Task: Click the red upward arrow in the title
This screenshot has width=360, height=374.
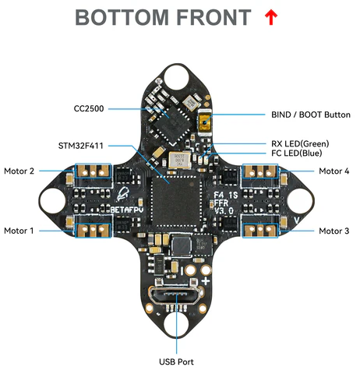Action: point(271,17)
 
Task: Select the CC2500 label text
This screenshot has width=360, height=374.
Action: point(89,108)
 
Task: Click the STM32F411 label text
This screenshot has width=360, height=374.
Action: point(81,146)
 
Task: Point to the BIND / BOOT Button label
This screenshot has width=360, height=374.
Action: point(311,115)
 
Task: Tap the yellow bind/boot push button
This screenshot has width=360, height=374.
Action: point(204,122)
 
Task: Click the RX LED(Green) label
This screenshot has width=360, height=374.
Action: point(300,143)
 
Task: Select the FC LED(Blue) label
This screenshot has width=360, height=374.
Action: point(297,153)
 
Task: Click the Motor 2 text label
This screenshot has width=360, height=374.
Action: point(19,171)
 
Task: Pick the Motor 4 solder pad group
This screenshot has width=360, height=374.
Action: point(260,171)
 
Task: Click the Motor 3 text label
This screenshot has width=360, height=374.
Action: point(334,231)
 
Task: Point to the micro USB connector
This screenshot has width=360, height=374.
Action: point(175,295)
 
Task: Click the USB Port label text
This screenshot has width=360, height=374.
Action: point(176,362)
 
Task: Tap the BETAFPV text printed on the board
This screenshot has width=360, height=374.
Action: point(127,210)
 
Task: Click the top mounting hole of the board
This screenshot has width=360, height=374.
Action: point(176,78)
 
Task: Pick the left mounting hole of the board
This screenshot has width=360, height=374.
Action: point(53,201)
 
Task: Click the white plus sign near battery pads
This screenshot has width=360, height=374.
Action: point(206,281)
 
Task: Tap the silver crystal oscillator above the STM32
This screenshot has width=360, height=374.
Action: point(179,161)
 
